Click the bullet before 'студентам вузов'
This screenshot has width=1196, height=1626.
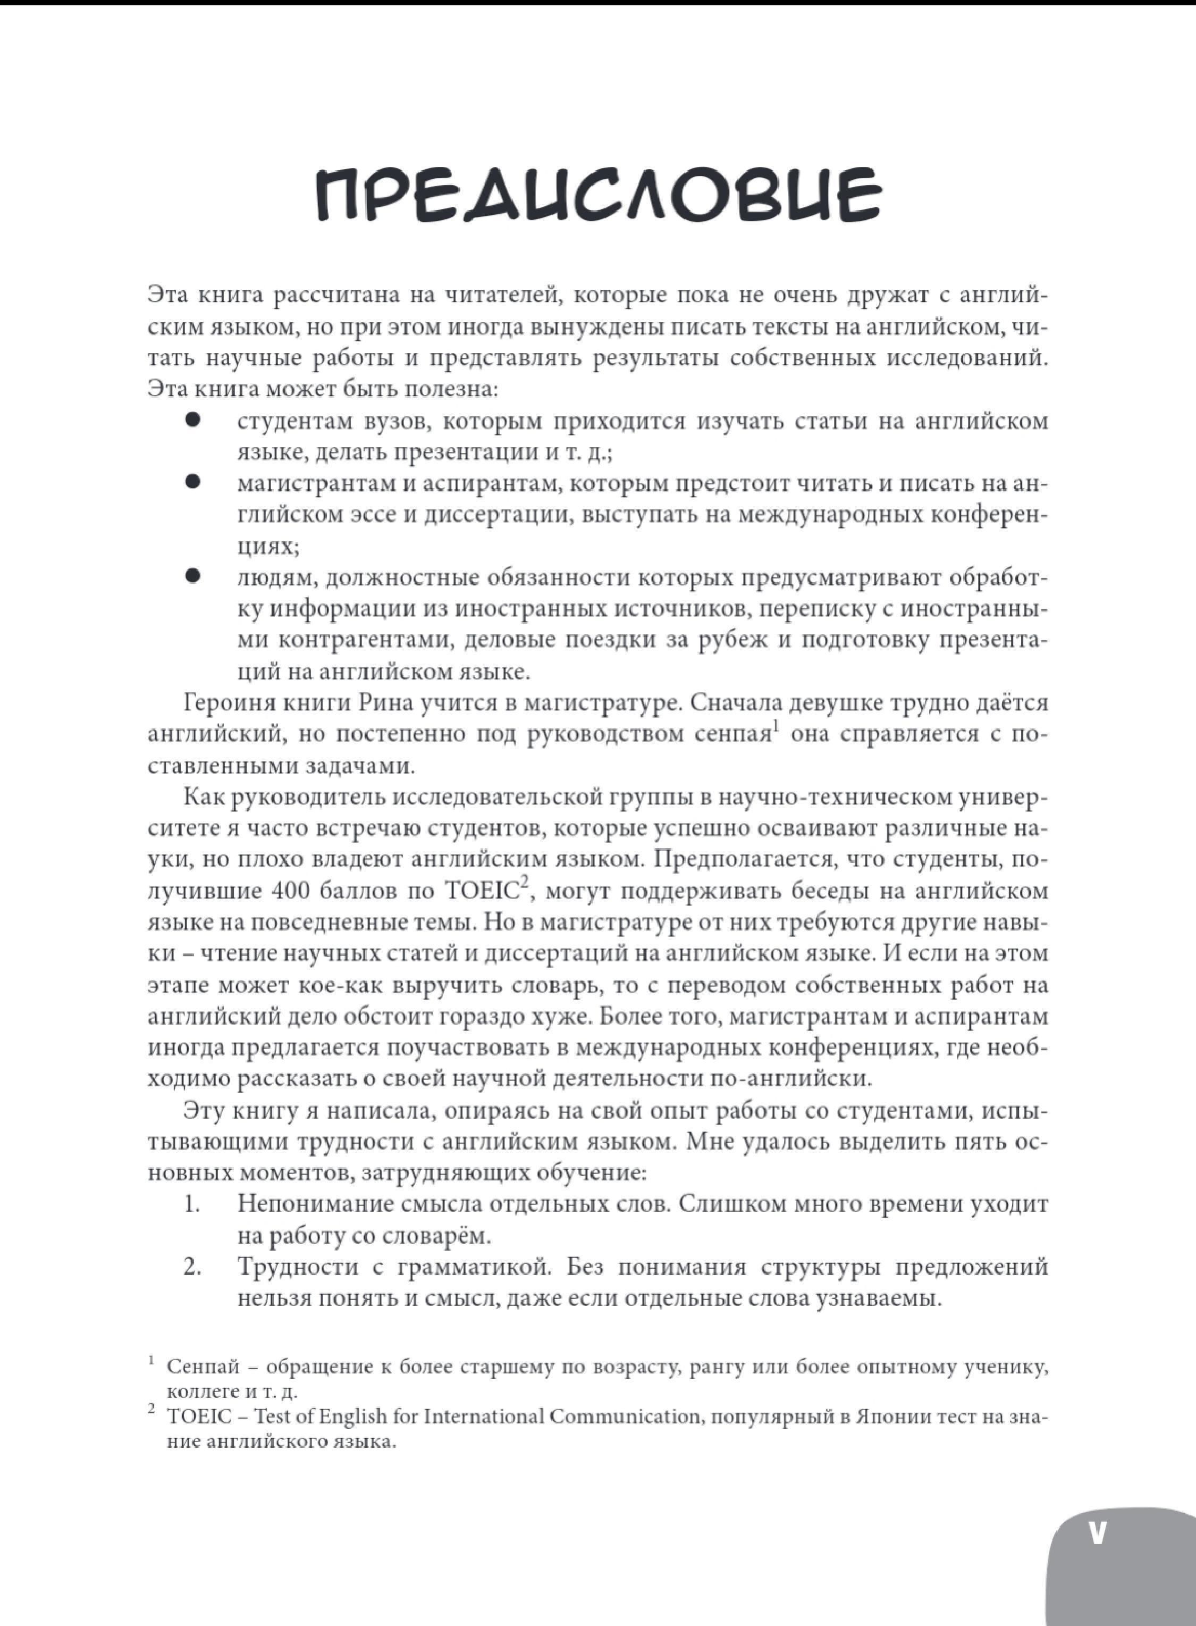[192, 420]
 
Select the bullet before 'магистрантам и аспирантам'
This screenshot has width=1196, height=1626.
[192, 481]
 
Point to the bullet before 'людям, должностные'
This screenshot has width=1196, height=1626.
[192, 576]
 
